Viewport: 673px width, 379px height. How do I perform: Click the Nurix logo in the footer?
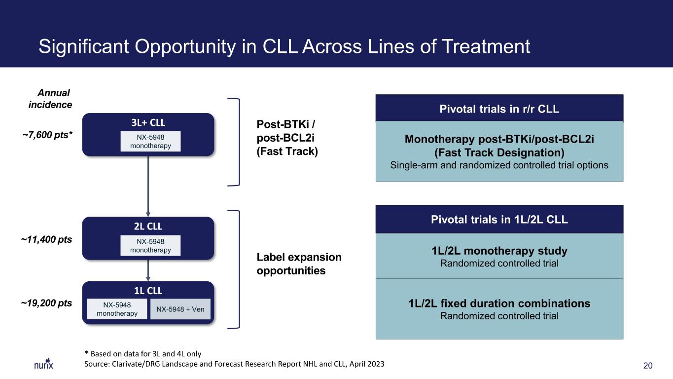pos(43,364)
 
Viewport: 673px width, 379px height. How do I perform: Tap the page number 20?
pos(647,366)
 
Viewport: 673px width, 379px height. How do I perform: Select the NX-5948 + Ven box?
pos(180,309)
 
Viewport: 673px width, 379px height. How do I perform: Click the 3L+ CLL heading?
pos(148,122)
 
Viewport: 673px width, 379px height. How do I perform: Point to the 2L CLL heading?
pos(148,226)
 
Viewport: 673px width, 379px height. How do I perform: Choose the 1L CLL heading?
pos(148,291)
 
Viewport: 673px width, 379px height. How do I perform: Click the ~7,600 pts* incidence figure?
pos(47,135)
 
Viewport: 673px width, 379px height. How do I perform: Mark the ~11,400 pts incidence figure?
pos(46,239)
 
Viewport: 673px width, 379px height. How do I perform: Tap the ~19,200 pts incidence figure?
pos(46,303)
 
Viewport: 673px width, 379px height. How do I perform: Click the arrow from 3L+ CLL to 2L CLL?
pos(148,186)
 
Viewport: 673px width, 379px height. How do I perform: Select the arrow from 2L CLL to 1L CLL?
pos(148,270)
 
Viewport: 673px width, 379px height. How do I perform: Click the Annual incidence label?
pos(50,99)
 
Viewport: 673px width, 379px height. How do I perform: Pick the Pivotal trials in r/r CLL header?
pos(499,109)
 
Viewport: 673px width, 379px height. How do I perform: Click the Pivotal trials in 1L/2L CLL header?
pos(499,219)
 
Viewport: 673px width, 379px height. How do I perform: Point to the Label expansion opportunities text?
pos(299,264)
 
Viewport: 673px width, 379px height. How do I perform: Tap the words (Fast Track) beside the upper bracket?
pos(287,152)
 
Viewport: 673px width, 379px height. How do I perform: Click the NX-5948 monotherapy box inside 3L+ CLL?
pos(150,141)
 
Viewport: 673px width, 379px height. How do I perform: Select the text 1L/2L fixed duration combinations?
pos(499,303)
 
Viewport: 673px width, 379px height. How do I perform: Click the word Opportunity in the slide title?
pos(185,47)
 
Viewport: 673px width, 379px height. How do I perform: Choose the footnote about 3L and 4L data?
pos(143,354)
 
